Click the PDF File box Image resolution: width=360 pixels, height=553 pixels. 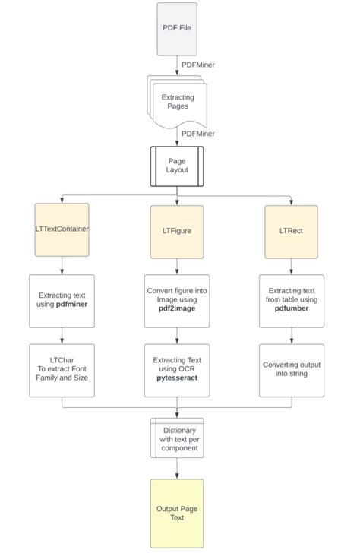[176, 29]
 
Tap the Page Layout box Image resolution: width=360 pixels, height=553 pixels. [176, 166]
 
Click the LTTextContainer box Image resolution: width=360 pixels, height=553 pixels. [62, 229]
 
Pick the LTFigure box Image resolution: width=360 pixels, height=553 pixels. [177, 231]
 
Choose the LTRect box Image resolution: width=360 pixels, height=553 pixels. [292, 231]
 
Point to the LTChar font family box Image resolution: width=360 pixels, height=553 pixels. [62, 370]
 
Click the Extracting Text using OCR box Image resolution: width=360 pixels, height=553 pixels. [177, 370]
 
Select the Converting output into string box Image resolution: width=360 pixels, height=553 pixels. [292, 370]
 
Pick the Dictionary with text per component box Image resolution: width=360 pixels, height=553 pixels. [177, 438]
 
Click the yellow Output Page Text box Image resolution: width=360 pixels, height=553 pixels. [177, 513]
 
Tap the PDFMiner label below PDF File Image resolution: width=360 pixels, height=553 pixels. [197, 65]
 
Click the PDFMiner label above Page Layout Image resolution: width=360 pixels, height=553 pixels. [197, 133]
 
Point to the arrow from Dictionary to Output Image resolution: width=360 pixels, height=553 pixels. [177, 468]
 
